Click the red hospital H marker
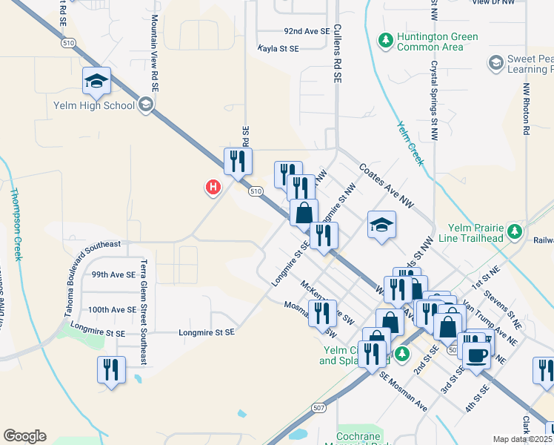click(x=213, y=188)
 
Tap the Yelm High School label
click(x=94, y=105)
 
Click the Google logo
click(x=24, y=436)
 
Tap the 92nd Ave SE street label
click(x=307, y=32)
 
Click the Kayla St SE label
click(x=278, y=48)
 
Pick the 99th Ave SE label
click(x=113, y=274)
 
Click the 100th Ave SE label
click(x=112, y=309)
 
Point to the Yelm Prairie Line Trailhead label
click(x=475, y=232)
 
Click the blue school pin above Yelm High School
click(x=96, y=82)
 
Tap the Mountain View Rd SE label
click(x=155, y=52)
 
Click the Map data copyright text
click(x=523, y=439)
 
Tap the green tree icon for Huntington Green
click(x=385, y=39)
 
